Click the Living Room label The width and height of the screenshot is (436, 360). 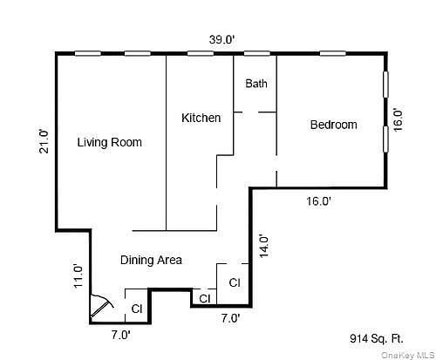click(109, 142)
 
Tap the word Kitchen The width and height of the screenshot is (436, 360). click(201, 118)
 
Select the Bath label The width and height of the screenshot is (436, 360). click(255, 84)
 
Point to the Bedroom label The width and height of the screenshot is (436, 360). click(333, 125)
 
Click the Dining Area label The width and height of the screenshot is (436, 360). click(150, 260)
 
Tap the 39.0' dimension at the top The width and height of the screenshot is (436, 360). click(221, 40)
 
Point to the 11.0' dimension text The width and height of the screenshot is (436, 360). click(78, 275)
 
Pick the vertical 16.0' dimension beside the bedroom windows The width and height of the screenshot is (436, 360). click(398, 119)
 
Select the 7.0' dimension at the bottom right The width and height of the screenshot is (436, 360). click(229, 318)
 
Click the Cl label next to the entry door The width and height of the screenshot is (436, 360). click(136, 309)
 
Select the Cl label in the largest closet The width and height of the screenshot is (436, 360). click(235, 282)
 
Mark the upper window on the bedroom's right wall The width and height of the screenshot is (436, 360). click(385, 87)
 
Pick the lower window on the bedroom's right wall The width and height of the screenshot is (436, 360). click(385, 139)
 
